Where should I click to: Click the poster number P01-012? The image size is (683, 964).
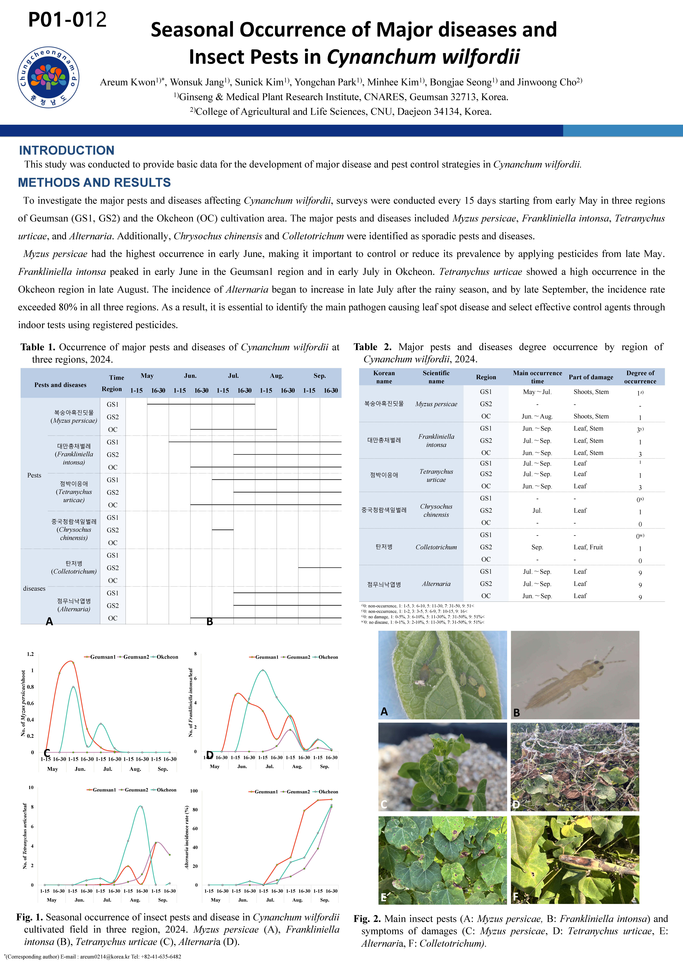[x=67, y=20]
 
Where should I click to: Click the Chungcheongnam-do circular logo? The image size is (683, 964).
[x=48, y=77]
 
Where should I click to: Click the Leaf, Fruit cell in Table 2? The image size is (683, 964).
[x=588, y=547]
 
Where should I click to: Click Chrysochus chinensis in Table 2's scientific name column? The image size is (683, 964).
[x=436, y=510]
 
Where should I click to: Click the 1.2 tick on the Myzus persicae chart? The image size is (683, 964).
[x=30, y=654]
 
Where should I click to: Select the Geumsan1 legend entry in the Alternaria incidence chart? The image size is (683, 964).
[x=266, y=792]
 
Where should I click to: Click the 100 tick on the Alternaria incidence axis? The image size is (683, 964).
[x=194, y=791]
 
